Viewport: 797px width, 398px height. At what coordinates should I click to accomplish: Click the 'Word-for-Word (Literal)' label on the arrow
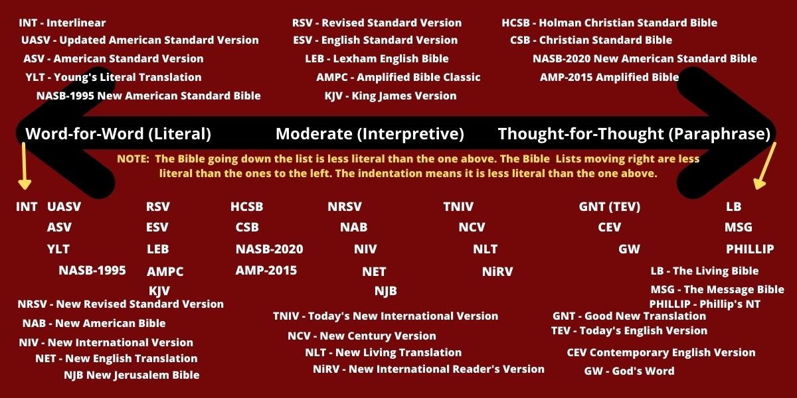point(118,134)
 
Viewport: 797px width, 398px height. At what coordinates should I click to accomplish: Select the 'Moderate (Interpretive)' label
point(369,134)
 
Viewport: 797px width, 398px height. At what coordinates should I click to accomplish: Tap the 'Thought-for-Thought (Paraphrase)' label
point(634,134)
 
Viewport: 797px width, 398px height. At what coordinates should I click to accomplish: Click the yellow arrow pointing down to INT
point(24,166)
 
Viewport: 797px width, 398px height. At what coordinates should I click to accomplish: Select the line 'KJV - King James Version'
point(390,96)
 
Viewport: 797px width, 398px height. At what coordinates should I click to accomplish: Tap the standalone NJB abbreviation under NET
point(385,291)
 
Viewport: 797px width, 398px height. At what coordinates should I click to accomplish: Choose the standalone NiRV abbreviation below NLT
point(497,271)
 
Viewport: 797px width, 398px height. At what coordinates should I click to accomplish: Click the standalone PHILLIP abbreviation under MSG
point(750,249)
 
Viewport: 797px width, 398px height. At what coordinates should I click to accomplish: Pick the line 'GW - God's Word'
point(629,371)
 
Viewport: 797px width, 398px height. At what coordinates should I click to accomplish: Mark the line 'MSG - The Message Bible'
point(717,289)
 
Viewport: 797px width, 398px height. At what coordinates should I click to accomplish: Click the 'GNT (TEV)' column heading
point(609,207)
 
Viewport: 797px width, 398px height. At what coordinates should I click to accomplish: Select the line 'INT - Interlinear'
point(62,23)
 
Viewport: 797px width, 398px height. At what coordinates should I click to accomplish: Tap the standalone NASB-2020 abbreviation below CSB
point(269,249)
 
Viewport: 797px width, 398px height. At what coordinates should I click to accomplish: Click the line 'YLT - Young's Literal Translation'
point(113,77)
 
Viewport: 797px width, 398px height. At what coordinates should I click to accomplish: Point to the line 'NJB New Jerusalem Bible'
point(131,375)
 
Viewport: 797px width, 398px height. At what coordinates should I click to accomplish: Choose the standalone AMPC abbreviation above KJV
point(165,271)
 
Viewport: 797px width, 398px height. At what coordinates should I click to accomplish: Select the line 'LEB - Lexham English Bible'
point(377,58)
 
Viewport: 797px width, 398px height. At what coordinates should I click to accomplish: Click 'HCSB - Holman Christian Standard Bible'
point(609,23)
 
